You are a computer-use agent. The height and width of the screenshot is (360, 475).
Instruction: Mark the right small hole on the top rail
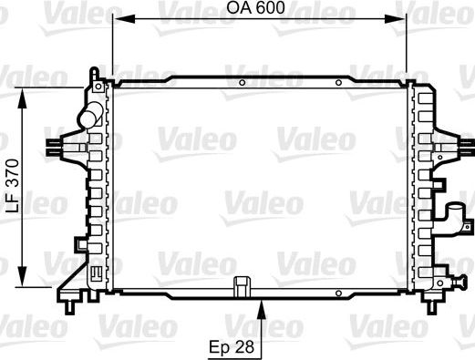(339, 83)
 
